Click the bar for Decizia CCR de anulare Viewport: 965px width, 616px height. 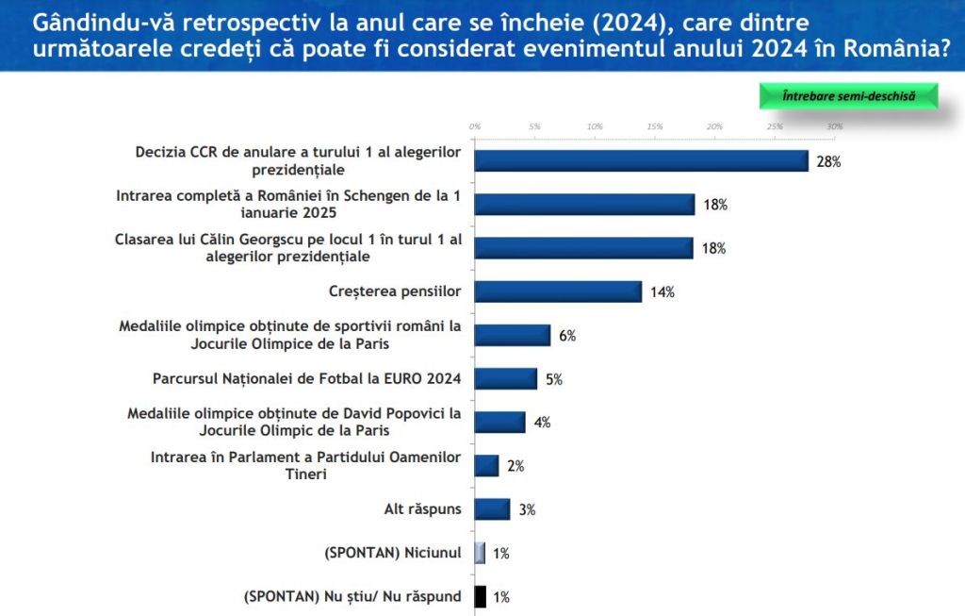641,160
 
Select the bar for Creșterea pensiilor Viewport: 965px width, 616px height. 558,291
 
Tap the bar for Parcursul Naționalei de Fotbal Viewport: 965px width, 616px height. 505,379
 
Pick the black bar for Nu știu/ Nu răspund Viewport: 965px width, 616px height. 481,596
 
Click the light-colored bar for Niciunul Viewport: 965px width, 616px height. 481,553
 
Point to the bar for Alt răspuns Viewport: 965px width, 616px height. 492,509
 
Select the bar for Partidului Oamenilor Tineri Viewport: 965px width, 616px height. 486,466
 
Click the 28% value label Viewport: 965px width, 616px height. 828,161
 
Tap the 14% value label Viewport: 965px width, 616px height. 662,292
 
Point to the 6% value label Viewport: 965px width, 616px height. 566,336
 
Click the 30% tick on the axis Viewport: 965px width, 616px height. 834,126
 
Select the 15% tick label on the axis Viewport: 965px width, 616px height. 654,126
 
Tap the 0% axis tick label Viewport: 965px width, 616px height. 475,126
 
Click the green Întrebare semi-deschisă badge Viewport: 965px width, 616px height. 848,96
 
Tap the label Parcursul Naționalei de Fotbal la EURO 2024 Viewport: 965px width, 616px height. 306,379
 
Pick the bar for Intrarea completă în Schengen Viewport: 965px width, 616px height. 584,205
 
